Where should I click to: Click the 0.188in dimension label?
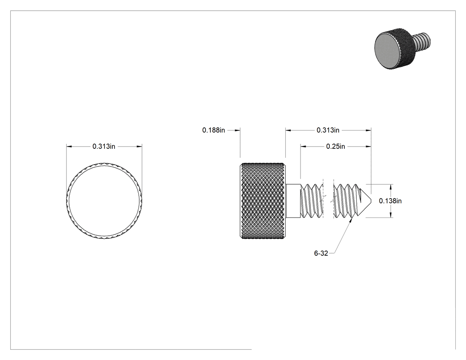pyautogui.click(x=213, y=130)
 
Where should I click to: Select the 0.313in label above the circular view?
pyautogui.click(x=104, y=146)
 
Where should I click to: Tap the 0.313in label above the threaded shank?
pyautogui.click(x=328, y=130)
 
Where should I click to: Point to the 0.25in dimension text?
pyautogui.click(x=336, y=146)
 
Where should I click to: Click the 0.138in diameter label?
pyautogui.click(x=390, y=201)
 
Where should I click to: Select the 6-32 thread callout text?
pyautogui.click(x=321, y=253)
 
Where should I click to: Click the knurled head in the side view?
pyautogui.click(x=263, y=201)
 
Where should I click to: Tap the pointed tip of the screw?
pyautogui.click(x=371, y=201)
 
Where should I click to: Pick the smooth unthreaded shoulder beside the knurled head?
pyautogui.click(x=293, y=201)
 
